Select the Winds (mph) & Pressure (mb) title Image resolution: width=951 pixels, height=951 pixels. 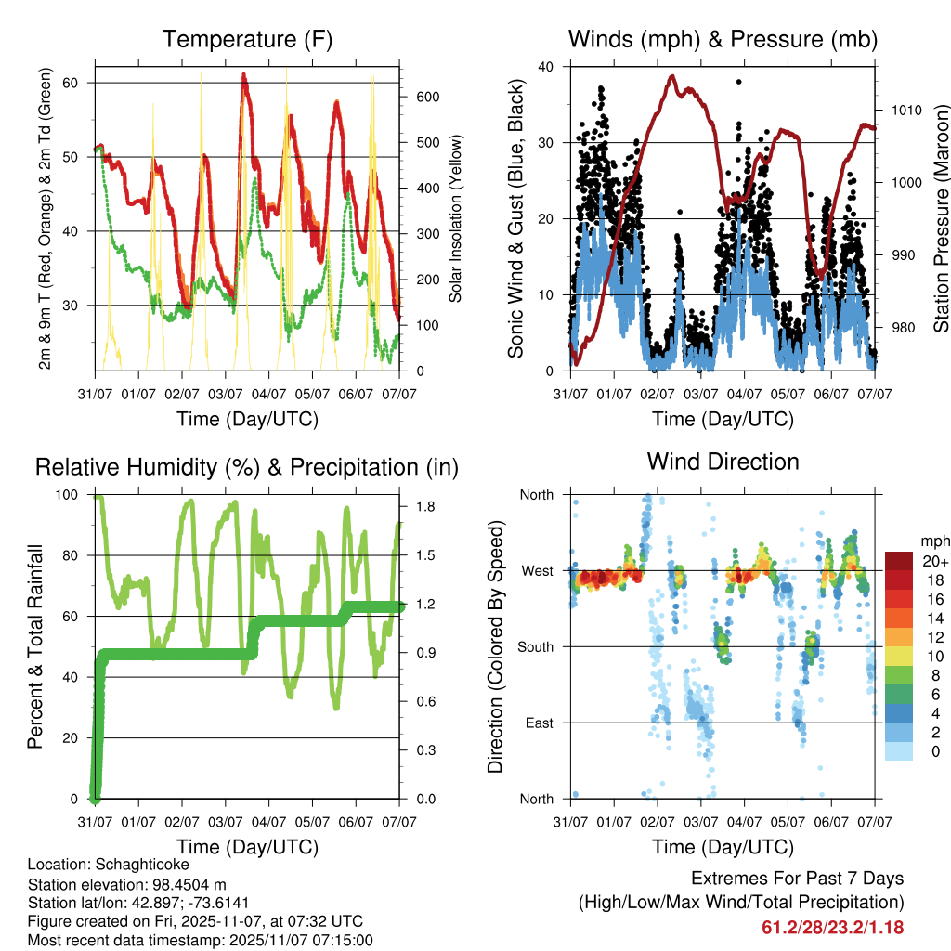click(723, 39)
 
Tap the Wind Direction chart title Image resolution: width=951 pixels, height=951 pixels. click(723, 462)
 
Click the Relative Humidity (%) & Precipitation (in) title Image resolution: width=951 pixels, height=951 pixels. click(246, 467)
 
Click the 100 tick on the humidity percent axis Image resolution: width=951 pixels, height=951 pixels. click(69, 494)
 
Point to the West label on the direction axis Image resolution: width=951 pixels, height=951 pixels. click(537, 571)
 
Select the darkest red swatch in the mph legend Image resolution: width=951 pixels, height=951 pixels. click(900, 561)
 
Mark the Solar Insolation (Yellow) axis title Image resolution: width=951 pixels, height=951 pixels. click(456, 218)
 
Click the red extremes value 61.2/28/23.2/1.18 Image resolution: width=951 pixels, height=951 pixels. click(832, 927)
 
